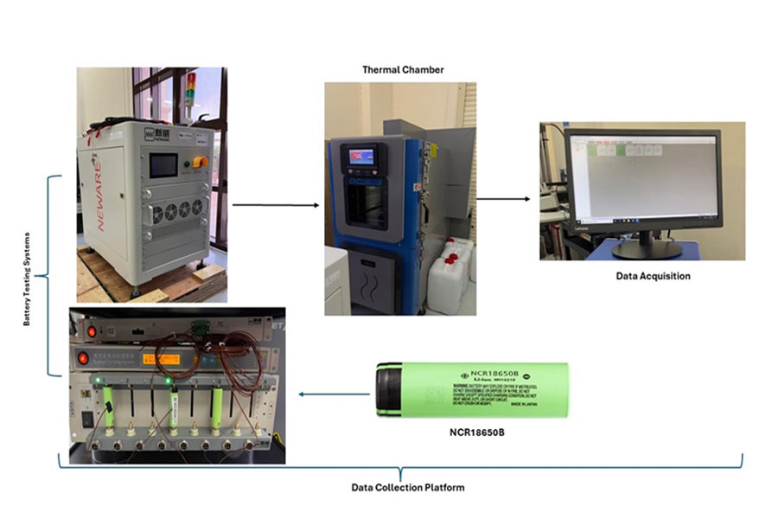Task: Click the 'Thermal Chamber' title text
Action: coord(404,70)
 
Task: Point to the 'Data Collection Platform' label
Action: coord(407,488)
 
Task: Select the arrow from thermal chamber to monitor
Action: coord(502,199)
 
